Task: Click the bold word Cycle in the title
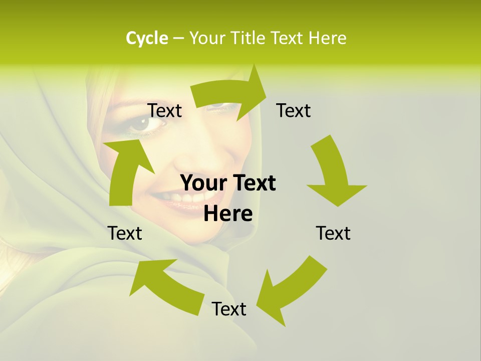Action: pos(146,38)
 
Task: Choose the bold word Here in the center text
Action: pos(228,214)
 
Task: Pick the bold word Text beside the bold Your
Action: pos(253,183)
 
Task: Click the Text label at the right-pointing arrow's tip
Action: pos(294,110)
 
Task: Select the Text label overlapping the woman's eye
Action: pos(165,110)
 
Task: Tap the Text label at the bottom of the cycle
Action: pos(229,309)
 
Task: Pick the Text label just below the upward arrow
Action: pos(125,233)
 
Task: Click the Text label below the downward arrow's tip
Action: pos(333,233)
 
